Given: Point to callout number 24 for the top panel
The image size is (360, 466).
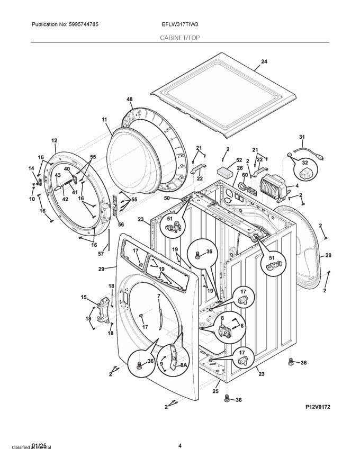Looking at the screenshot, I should (x=264, y=62).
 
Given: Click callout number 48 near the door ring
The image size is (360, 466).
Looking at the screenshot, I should (x=129, y=100).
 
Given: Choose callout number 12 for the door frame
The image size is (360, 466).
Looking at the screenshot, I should (x=54, y=140).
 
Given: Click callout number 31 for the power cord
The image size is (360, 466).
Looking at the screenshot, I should (x=302, y=138).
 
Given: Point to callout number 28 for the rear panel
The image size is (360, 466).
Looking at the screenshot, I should (x=328, y=256).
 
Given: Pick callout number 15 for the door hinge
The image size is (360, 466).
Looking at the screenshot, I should (x=83, y=298).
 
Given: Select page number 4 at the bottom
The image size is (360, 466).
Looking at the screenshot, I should (x=180, y=445).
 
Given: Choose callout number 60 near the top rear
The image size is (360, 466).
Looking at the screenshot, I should (x=245, y=175).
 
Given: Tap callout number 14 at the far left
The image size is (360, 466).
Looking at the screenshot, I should (x=30, y=168).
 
